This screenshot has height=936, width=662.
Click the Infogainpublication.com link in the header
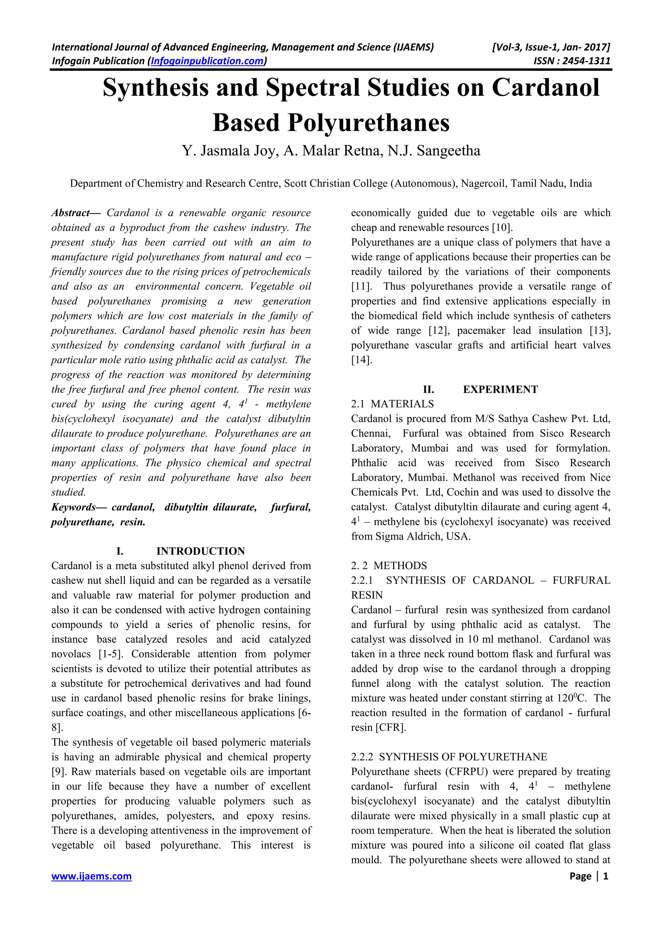(208, 61)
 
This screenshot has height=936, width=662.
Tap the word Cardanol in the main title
(545, 87)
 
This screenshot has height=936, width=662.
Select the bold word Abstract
(70, 213)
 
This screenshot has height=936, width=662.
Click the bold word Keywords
(74, 507)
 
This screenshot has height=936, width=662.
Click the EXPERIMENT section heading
(500, 389)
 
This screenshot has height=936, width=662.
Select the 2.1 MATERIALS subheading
(392, 404)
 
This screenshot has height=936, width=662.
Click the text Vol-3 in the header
(506, 47)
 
